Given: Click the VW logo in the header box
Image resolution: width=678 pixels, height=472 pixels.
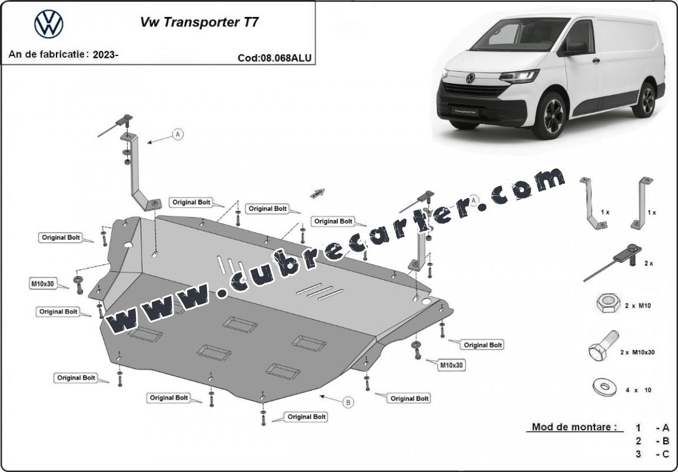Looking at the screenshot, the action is point(49,24).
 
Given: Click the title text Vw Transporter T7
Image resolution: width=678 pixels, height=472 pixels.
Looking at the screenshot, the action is point(200,22).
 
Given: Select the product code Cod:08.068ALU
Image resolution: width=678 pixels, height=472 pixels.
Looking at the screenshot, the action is point(275,58).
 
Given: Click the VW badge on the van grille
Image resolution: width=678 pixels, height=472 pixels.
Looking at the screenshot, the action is point(470,78).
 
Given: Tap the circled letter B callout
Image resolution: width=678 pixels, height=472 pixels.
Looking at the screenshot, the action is point(348,402).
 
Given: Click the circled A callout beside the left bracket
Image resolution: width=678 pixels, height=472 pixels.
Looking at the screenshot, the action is point(178,135).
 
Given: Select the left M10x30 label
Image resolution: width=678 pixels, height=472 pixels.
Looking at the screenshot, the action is point(42,284).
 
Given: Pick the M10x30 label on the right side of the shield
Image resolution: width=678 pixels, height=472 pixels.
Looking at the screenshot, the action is point(452,365).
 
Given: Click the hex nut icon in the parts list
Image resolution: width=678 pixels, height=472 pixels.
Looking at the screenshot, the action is point(608,303).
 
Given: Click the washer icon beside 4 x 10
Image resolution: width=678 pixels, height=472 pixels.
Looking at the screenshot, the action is point(604,387).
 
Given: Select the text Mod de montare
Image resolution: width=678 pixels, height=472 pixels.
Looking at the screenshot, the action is point(574,427).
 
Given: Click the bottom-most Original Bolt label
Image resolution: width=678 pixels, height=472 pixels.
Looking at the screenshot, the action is point(307,417).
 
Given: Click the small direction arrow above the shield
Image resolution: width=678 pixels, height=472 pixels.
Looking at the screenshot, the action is point(317,193).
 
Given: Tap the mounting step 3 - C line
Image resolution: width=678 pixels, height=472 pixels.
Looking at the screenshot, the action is point(652,454).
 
